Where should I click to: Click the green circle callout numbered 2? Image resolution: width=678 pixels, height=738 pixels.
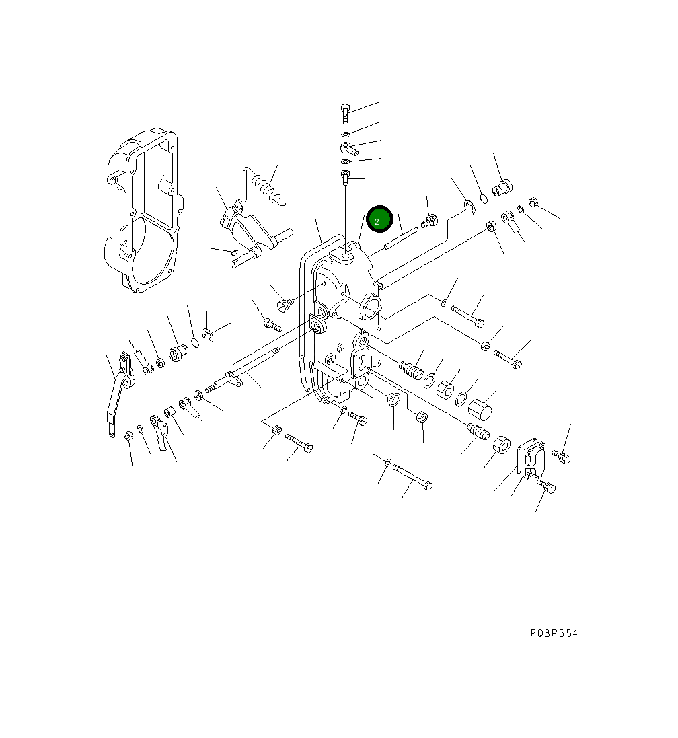click(x=379, y=219)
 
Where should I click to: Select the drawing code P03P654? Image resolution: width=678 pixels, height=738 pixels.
click(x=553, y=633)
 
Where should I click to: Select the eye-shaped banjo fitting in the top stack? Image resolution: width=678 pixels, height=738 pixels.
click(x=347, y=147)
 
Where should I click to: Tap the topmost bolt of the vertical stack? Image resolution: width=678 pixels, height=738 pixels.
click(x=345, y=112)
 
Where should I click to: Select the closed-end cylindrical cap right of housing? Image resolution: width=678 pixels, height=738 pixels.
click(x=480, y=408)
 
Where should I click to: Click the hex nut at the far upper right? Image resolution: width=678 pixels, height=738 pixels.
click(x=533, y=201)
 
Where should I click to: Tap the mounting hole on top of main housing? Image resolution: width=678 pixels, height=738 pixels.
click(x=346, y=255)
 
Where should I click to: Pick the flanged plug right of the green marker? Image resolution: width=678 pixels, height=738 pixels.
click(x=430, y=220)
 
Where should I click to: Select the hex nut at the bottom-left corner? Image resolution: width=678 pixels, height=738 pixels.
click(x=128, y=435)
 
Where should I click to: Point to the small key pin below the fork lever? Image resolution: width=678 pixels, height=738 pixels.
click(x=233, y=252)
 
